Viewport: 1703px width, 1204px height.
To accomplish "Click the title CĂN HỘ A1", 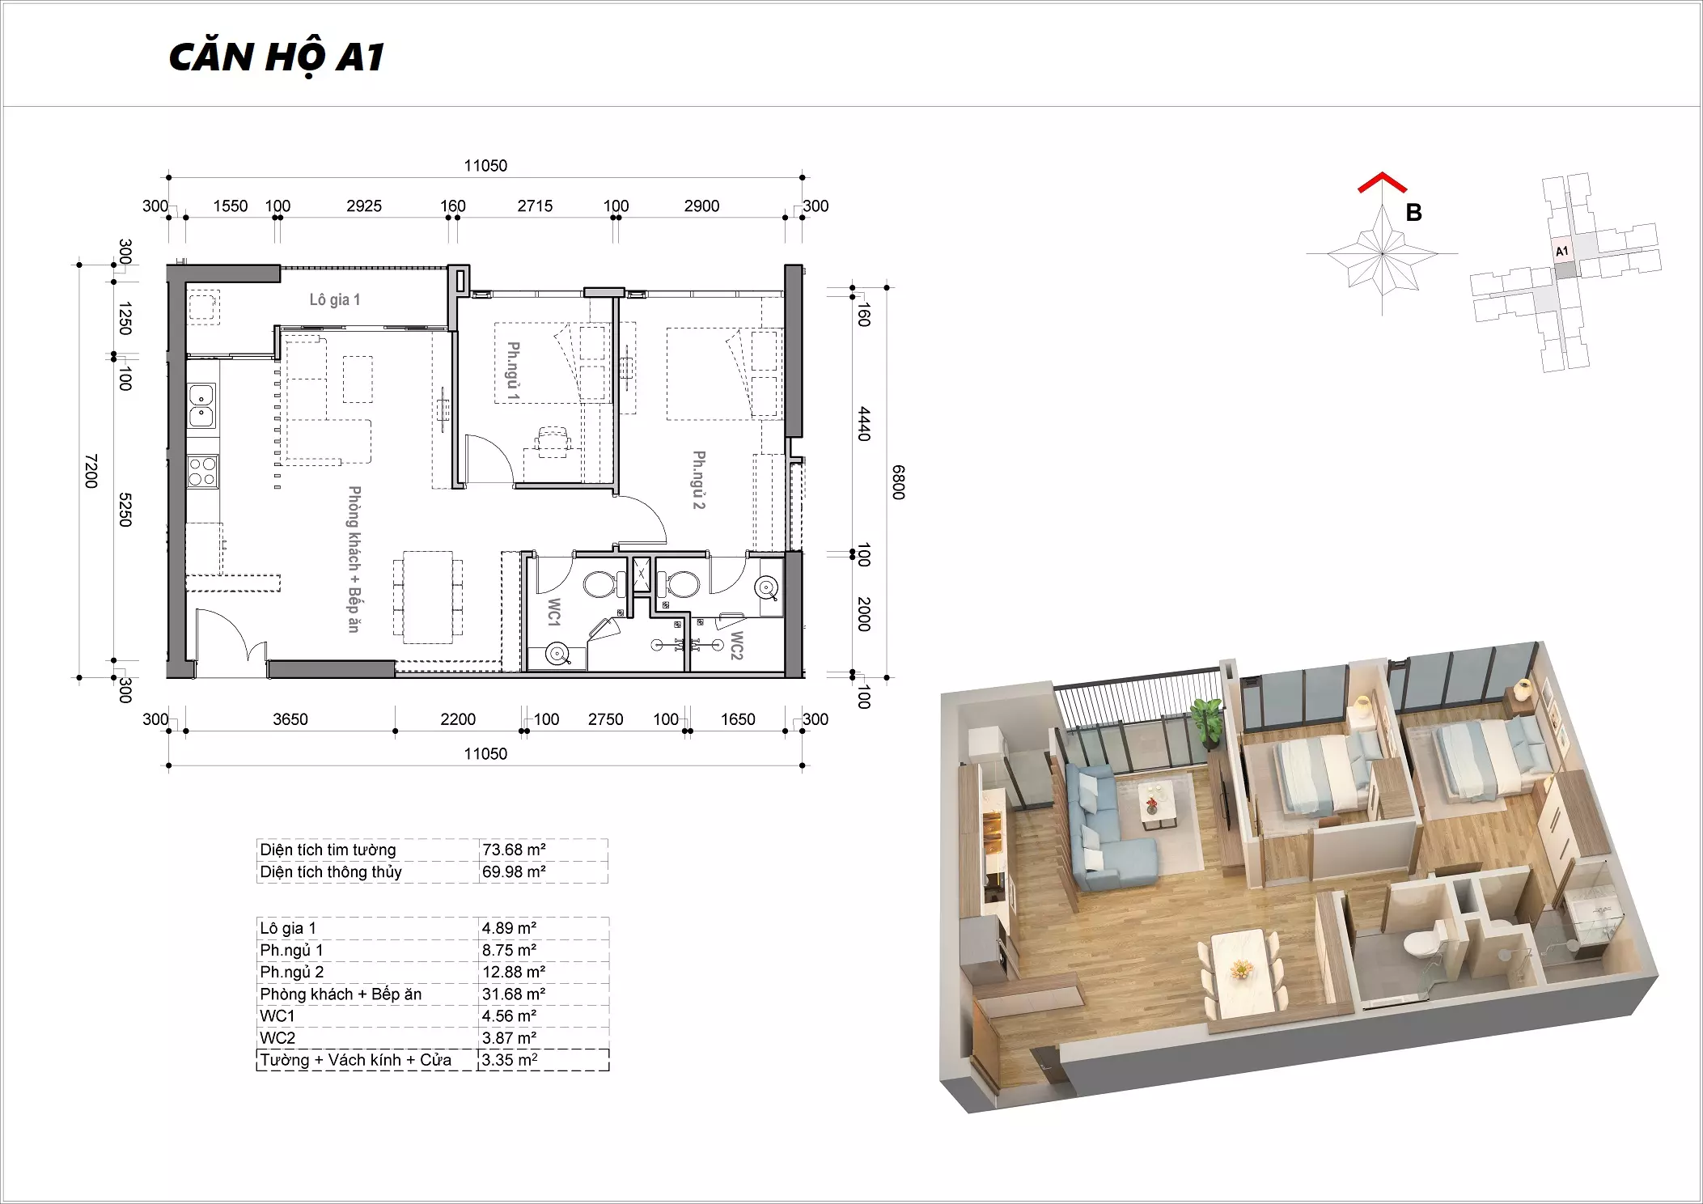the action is click(x=276, y=57).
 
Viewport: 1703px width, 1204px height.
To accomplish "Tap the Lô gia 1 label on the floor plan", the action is click(x=334, y=299).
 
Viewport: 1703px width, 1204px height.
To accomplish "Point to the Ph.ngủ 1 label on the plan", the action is click(x=513, y=371).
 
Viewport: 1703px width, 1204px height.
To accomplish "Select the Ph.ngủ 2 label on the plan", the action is click(x=699, y=480).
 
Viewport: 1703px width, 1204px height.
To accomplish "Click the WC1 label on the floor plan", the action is click(x=554, y=612).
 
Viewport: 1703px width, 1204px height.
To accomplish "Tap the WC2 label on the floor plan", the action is click(x=736, y=645).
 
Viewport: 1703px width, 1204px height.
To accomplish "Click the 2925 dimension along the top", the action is click(x=364, y=206).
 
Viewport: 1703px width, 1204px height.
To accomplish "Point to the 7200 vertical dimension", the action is click(x=91, y=471).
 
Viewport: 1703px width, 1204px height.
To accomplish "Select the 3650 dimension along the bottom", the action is click(x=290, y=719).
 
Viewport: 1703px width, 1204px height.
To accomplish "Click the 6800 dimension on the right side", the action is click(x=898, y=482).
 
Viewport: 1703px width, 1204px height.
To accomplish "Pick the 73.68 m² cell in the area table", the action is click(x=514, y=850).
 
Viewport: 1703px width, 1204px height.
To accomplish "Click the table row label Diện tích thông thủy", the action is click(x=331, y=871).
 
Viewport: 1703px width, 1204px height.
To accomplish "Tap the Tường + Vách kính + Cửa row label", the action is click(x=356, y=1060).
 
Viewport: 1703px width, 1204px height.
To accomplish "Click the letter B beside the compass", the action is click(x=1413, y=213).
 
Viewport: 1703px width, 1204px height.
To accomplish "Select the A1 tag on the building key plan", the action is click(x=1561, y=252).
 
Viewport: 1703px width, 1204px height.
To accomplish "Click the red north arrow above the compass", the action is click(x=1382, y=183).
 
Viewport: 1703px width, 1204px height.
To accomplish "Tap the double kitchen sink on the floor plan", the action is click(x=201, y=405).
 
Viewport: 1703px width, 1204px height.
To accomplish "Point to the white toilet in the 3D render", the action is click(x=1420, y=940).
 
